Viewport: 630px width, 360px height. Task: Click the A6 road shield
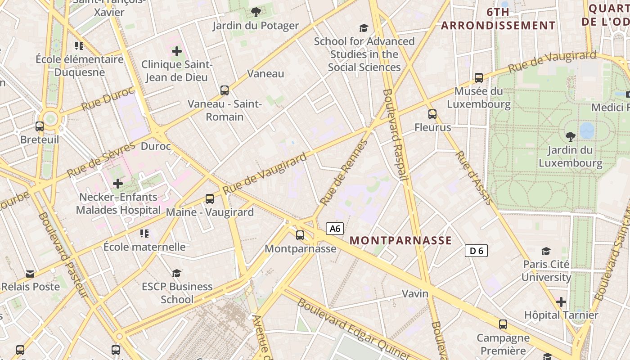(x=335, y=229)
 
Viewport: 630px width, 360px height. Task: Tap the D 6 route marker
(x=476, y=251)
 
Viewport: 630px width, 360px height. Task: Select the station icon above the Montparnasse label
(x=300, y=235)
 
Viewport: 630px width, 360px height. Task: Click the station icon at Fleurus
(x=432, y=114)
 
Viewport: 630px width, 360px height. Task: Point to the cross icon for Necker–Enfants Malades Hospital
(x=118, y=184)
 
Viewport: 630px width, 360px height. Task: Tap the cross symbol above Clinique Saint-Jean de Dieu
(x=177, y=51)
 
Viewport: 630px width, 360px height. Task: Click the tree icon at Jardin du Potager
(x=256, y=12)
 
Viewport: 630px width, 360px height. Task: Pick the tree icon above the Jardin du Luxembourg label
(x=570, y=136)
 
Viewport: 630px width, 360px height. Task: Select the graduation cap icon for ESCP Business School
(x=177, y=273)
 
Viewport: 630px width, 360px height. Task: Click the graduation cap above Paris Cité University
(x=546, y=251)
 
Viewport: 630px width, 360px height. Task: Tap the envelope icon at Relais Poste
(x=30, y=274)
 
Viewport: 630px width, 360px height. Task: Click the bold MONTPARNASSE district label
(x=400, y=240)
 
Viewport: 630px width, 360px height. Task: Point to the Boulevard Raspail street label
(x=395, y=135)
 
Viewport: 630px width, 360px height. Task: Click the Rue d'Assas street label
(x=474, y=177)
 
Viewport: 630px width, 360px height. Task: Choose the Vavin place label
(x=415, y=293)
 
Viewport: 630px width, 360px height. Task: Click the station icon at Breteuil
(x=40, y=126)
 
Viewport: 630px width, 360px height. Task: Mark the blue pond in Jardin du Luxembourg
(x=587, y=131)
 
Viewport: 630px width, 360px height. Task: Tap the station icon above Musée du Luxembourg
(x=479, y=78)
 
